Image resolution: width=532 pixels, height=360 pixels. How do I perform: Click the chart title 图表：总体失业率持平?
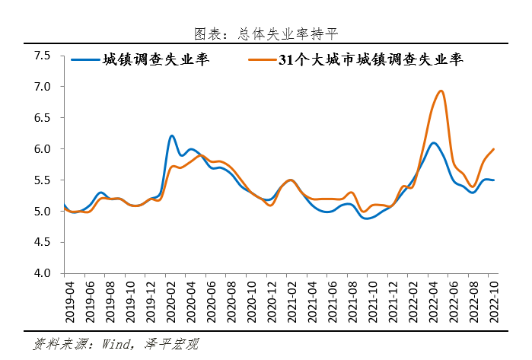pyautogui.click(x=266, y=33)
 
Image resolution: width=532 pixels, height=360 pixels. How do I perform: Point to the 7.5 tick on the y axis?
pyautogui.click(x=42, y=56)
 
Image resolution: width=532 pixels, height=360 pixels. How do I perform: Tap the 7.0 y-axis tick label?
pyautogui.click(x=42, y=87)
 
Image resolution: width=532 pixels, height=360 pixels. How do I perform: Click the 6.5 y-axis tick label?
pyautogui.click(x=42, y=118)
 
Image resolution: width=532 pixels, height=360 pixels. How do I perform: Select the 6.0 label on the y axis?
pyautogui.click(x=42, y=149)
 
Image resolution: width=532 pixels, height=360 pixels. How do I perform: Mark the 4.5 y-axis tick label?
pyautogui.click(x=42, y=242)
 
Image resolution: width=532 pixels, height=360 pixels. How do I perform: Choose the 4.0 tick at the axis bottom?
pyautogui.click(x=42, y=273)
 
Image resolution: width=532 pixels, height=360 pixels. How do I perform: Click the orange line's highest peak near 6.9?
pyautogui.click(x=441, y=91)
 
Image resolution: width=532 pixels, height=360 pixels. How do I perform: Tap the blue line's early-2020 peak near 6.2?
pyautogui.click(x=172, y=135)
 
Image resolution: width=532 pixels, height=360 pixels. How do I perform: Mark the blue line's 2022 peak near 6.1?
pyautogui.click(x=433, y=143)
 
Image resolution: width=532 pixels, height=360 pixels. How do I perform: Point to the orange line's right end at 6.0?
pyautogui.click(x=494, y=149)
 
